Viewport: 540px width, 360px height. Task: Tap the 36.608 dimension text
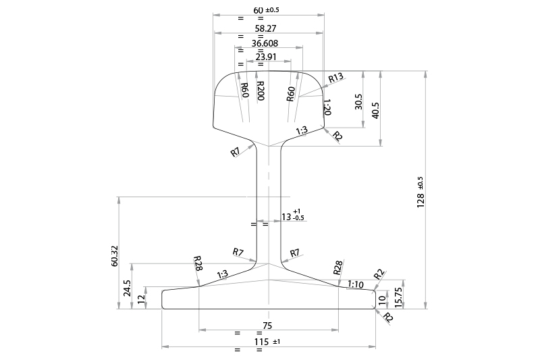coord(268,43)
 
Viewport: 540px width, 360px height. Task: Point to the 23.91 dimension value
coord(266,57)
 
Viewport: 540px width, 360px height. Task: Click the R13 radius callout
coord(336,78)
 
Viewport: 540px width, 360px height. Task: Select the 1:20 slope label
coord(327,108)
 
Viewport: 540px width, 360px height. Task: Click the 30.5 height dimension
coord(358,102)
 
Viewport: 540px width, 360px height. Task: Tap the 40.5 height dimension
coord(375,109)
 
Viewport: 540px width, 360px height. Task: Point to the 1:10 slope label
coord(355,284)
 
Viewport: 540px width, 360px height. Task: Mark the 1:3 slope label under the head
coord(302,130)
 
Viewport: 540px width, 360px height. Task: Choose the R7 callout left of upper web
coord(235,153)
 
